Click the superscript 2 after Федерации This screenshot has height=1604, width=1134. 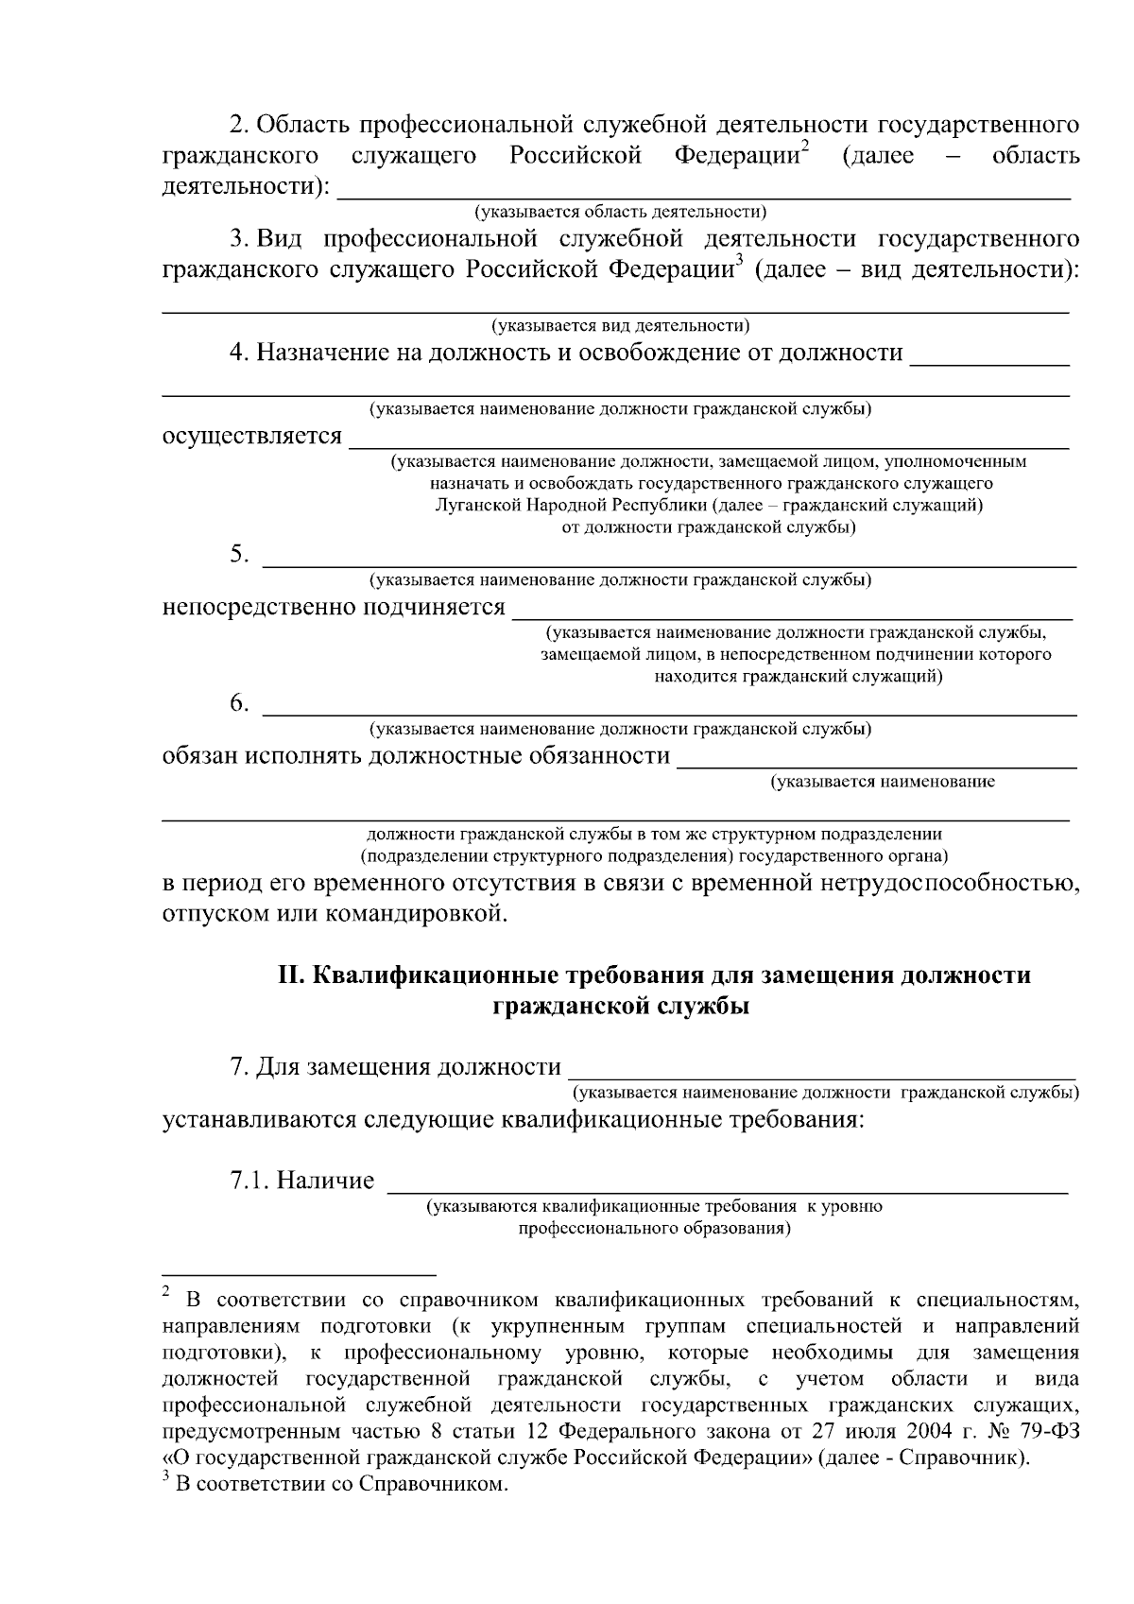[805, 146]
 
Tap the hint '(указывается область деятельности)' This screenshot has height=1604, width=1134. [620, 211]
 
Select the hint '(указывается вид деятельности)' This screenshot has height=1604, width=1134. [620, 325]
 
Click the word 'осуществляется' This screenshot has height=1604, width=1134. [252, 437]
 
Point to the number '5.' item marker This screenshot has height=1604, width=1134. [239, 554]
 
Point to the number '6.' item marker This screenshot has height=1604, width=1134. [239, 703]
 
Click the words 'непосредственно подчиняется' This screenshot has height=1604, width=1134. [334, 607]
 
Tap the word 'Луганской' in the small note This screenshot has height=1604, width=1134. [478, 506]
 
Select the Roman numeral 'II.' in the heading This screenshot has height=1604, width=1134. [289, 975]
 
